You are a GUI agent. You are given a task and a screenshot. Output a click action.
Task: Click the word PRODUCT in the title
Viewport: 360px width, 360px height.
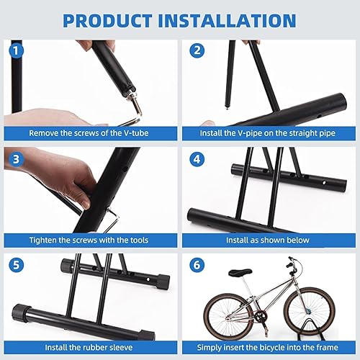tap(108, 21)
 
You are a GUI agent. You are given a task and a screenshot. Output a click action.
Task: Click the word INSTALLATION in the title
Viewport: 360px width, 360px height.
tap(227, 21)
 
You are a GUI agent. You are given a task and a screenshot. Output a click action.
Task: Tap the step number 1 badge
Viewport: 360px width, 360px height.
tap(17, 51)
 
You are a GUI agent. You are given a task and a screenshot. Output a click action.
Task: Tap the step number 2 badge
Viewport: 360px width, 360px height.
tap(197, 50)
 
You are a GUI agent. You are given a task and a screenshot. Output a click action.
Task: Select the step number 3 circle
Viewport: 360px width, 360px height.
tap(17, 159)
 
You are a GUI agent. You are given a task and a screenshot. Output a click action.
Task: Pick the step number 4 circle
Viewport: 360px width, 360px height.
tap(197, 159)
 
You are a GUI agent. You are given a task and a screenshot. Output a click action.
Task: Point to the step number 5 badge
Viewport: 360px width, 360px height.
tap(17, 265)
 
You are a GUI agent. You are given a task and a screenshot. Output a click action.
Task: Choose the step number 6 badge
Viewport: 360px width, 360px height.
tap(197, 265)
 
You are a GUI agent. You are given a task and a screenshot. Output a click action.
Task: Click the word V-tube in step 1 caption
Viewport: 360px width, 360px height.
tap(136, 133)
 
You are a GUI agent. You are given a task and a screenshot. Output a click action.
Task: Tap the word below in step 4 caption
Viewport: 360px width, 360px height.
tap(299, 240)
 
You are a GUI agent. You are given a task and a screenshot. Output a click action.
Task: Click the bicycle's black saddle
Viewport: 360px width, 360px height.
tap(240, 272)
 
